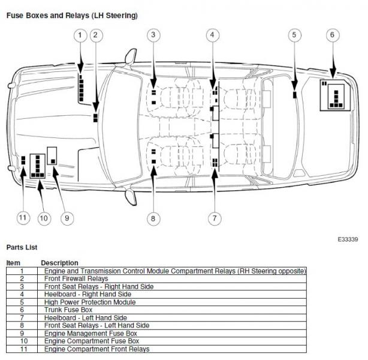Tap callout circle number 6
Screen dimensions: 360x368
332,35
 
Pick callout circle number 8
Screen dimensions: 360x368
153,218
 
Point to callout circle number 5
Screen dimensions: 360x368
294,35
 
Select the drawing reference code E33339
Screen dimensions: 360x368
347,239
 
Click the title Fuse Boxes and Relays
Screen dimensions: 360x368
71,14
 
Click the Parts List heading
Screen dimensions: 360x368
22,247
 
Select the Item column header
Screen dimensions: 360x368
13,263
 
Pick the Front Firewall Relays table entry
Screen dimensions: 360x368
76,278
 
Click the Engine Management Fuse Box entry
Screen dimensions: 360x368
91,333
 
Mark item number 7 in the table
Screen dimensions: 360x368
22,317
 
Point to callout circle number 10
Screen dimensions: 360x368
43,218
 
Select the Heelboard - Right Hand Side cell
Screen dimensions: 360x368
88,294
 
